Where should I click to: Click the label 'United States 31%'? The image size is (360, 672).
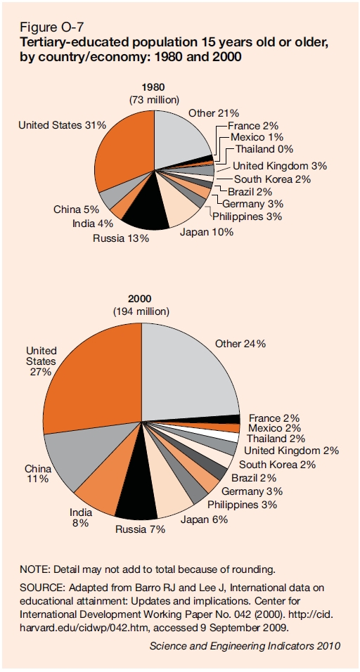point(63,125)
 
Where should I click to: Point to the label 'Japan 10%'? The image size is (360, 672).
point(207,233)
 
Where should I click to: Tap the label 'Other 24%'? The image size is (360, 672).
point(240,344)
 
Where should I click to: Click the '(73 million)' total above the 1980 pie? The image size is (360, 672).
point(154,100)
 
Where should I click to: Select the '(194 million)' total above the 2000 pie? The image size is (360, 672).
point(141,311)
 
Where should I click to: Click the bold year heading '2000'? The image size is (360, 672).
point(141,298)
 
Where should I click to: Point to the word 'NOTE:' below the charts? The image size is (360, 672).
point(34,569)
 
